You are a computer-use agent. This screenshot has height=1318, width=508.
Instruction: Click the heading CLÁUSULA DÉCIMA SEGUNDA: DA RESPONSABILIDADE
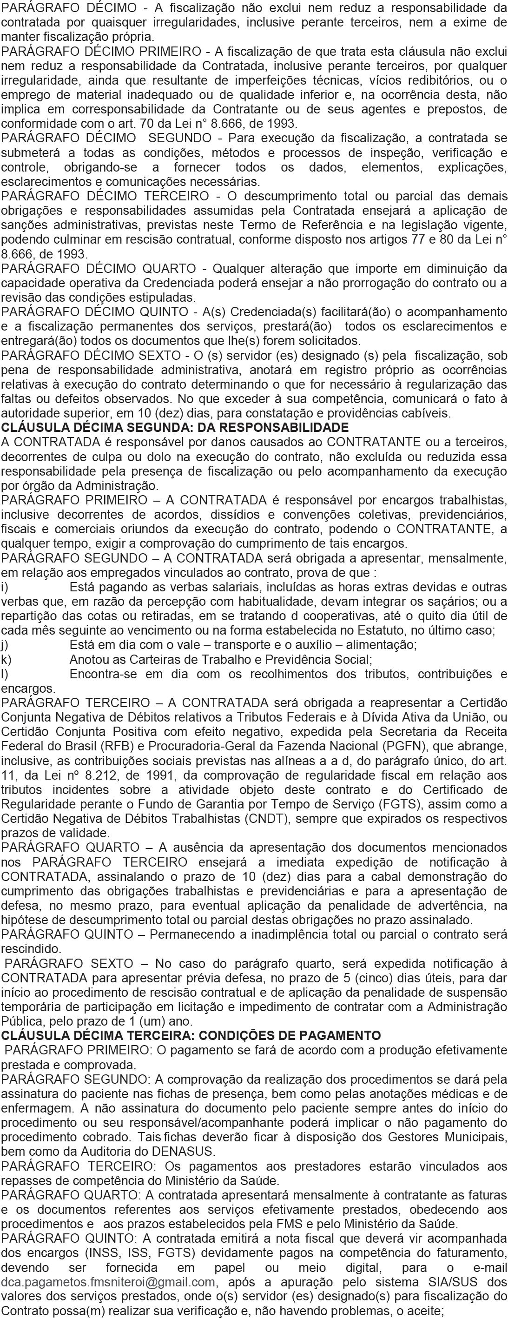174,428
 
